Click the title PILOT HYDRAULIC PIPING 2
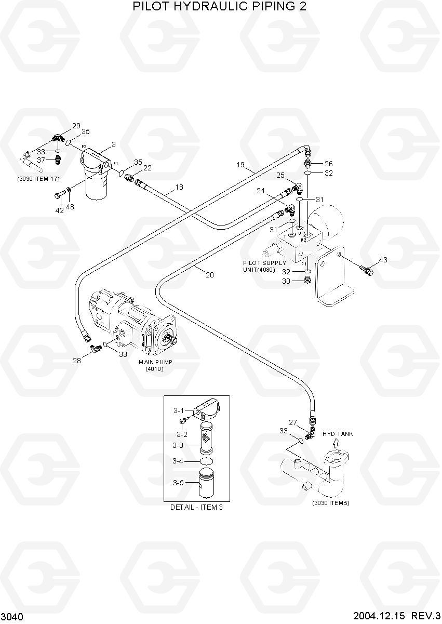(220, 7)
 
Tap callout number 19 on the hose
(240, 165)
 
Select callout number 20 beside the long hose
(210, 275)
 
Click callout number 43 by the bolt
(383, 260)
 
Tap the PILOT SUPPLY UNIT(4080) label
(264, 266)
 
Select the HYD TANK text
(338, 434)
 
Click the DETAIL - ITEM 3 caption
(196, 507)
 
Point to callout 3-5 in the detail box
(179, 483)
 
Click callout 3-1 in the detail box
(179, 410)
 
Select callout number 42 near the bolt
(60, 210)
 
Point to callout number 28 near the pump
(77, 360)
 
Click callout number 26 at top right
(328, 164)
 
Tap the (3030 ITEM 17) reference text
(37, 179)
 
